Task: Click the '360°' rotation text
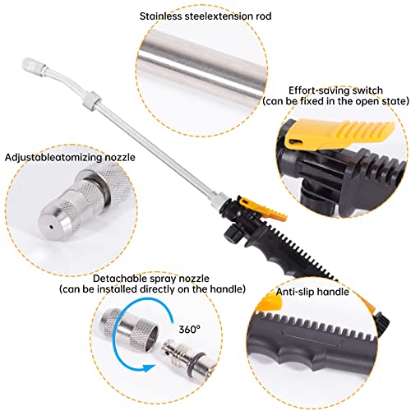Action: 192,328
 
